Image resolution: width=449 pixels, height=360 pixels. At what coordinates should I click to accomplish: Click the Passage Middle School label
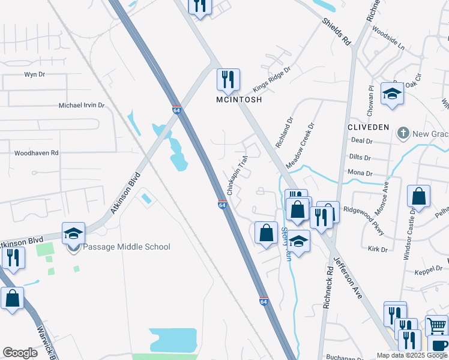click(126, 247)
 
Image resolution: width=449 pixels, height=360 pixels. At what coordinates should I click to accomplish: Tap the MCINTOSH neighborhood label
click(239, 100)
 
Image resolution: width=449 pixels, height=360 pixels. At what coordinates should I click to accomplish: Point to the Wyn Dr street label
click(34, 74)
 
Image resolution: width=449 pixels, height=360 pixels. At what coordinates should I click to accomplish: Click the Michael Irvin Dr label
click(81, 105)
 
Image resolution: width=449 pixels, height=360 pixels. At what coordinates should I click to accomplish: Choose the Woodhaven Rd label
click(36, 153)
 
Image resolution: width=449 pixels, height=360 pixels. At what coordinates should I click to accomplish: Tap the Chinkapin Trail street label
click(237, 176)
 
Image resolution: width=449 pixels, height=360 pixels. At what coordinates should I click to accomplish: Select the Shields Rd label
click(336, 32)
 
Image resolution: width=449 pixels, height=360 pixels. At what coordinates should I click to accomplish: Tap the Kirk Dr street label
click(378, 248)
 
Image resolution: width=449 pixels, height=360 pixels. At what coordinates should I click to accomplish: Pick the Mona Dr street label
click(360, 173)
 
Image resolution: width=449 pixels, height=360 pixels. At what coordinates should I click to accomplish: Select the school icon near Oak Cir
click(392, 94)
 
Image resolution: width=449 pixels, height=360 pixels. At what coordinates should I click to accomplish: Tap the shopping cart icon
click(437, 325)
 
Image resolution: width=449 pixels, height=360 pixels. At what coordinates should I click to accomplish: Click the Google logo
click(20, 353)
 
